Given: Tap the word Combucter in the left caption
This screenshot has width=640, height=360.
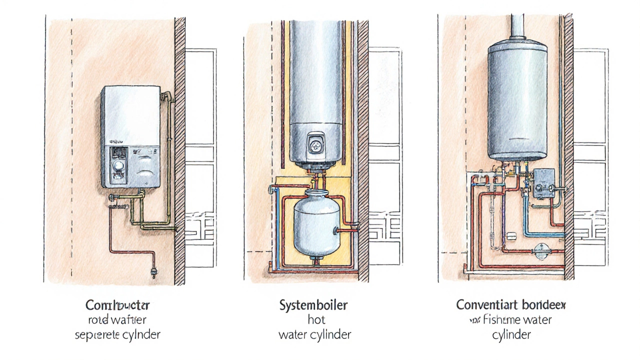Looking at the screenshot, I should point(117,304).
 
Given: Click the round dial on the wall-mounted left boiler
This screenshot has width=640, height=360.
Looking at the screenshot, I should point(118,165).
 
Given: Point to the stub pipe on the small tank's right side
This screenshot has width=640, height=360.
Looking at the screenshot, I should point(347,229).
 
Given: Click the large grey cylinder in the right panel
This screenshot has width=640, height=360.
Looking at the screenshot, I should point(517,100).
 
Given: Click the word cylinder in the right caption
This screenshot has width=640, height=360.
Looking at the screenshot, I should point(510,334).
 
